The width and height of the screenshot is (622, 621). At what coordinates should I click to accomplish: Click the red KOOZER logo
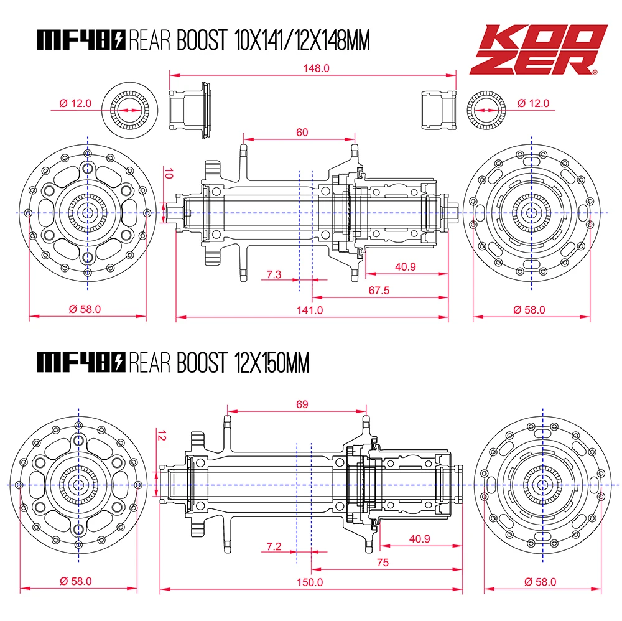[x=538, y=50]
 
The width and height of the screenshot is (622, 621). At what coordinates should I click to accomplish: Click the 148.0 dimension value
[x=316, y=68]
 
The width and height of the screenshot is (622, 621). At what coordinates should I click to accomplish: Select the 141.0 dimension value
[x=310, y=310]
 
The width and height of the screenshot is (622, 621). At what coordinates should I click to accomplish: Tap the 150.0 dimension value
[x=310, y=582]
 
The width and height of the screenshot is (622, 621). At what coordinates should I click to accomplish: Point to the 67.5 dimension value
[x=379, y=291]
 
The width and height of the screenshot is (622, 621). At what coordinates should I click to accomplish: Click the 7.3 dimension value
[x=274, y=274]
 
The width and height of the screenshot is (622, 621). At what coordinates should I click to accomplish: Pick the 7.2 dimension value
[x=274, y=546]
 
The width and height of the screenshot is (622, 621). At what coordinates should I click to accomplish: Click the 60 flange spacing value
[x=302, y=132]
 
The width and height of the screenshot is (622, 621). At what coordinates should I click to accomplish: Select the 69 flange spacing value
[x=302, y=404]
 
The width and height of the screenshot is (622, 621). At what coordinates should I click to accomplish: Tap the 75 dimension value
[x=383, y=563]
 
